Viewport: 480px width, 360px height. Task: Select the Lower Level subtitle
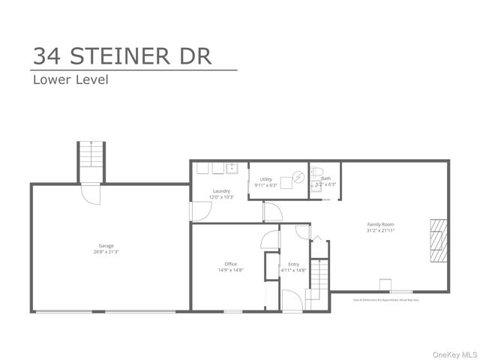coord(70,79)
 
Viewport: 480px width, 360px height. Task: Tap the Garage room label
coord(106,245)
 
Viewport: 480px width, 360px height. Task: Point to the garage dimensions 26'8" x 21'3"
coord(106,252)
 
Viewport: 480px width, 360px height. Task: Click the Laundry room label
coord(221,190)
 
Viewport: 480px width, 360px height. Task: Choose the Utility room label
coord(266,179)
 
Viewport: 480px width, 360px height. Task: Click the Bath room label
coord(326,178)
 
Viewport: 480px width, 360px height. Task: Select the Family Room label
coord(380,224)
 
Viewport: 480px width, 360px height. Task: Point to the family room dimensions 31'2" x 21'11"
coord(380,231)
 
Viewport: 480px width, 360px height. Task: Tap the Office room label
coord(231,264)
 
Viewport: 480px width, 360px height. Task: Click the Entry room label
coord(293,264)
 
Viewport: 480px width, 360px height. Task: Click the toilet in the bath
coord(316,172)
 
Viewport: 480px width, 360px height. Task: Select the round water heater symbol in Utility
coord(298,177)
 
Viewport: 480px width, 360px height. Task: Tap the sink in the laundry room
coord(232,168)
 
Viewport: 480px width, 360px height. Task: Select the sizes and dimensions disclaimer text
coord(386,299)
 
